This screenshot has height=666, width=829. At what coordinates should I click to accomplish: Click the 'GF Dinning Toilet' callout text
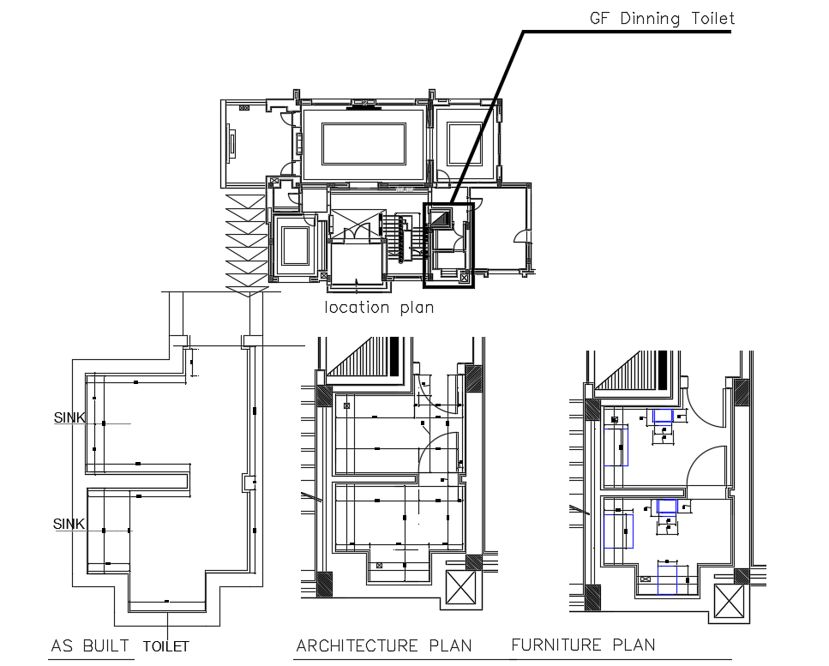point(661,18)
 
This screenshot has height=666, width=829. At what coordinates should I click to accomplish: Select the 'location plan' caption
point(378,308)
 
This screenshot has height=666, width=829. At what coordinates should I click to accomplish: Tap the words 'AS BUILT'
point(90,646)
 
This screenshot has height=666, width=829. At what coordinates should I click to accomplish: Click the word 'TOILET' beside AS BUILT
point(165,647)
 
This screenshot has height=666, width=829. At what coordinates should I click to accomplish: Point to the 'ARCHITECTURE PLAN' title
point(383,646)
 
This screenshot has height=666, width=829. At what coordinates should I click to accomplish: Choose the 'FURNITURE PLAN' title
point(583,645)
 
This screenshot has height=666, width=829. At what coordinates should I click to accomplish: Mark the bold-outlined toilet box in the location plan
point(448,243)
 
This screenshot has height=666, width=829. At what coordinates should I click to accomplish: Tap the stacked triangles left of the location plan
point(246,244)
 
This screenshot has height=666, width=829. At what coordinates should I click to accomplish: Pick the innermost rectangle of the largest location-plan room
point(363,144)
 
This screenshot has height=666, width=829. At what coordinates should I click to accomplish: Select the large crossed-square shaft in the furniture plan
point(730,601)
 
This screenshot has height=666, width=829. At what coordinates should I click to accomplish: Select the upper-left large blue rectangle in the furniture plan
point(616,445)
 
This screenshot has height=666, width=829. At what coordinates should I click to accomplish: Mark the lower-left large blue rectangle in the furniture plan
point(618,530)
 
